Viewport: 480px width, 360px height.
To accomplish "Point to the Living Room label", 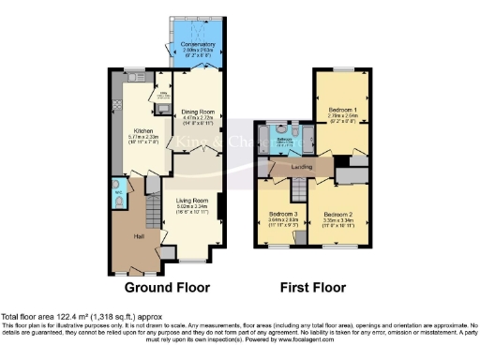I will (x=188, y=199).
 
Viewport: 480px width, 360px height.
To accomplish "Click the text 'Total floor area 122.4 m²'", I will (x=56, y=317).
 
